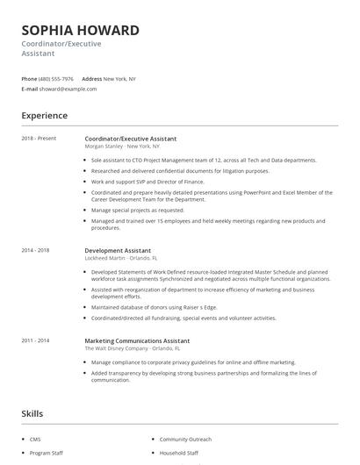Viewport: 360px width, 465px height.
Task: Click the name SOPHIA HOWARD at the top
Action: click(80, 31)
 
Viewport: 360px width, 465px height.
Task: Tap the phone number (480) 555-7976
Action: click(57, 79)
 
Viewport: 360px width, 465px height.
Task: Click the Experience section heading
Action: click(44, 115)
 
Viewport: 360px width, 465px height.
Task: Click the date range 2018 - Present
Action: click(39, 139)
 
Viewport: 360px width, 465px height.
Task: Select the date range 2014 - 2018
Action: click(36, 251)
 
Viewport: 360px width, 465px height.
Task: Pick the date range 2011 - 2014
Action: click(36, 340)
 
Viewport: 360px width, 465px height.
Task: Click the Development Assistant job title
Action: click(118, 251)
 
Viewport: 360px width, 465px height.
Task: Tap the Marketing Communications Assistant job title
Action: click(139, 340)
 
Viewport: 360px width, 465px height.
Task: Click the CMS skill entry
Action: click(34, 438)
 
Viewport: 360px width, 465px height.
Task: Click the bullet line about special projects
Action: click(138, 211)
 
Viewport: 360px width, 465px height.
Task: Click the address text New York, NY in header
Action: click(119, 79)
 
